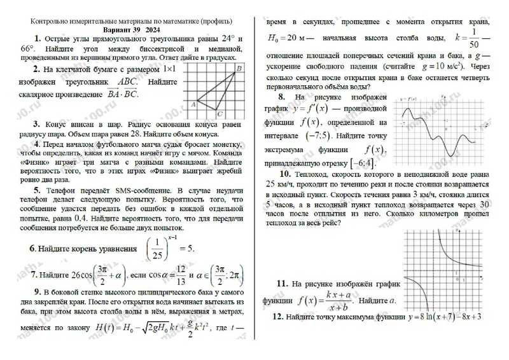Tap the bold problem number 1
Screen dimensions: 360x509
(x=38, y=38)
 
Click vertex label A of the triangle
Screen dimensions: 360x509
(x=193, y=103)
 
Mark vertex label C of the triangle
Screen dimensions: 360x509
(x=219, y=114)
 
